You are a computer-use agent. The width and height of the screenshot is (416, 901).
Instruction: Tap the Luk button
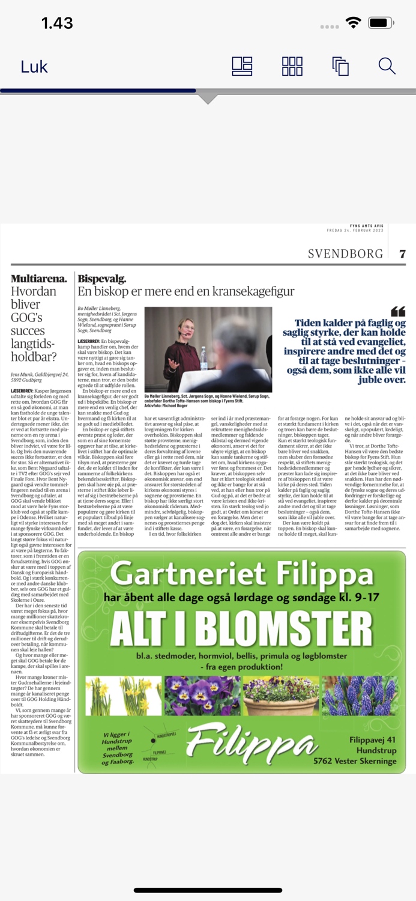pos(34,67)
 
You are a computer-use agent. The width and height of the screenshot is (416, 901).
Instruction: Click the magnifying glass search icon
pos(387,66)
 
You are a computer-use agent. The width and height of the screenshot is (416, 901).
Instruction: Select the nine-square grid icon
pos(292,66)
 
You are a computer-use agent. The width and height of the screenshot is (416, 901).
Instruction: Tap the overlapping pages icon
pos(340,66)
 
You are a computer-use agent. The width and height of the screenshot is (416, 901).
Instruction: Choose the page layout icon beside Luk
pos(242,66)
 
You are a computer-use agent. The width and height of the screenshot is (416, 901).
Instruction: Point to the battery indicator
pos(381,23)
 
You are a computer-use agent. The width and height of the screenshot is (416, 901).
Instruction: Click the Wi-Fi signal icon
pos(354,23)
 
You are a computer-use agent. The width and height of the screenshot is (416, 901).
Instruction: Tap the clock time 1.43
pos(57,23)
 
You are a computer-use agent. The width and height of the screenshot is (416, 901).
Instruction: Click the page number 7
pos(403,254)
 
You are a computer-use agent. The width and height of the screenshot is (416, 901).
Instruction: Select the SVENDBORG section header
pos(345,253)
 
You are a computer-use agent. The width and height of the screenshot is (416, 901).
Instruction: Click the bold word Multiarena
pos(39,279)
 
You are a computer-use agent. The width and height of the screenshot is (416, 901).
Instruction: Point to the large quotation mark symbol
pos(398,311)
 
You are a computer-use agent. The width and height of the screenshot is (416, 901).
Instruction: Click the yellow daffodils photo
pos(124,696)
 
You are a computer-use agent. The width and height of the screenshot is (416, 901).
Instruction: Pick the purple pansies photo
pos(202,696)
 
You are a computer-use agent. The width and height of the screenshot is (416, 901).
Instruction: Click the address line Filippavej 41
pos(373,740)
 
